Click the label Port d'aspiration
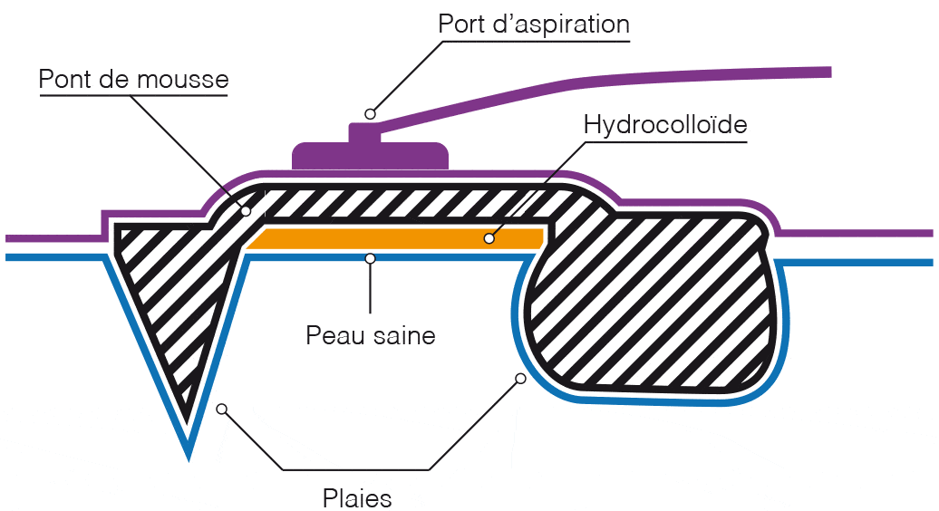533,24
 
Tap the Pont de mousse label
133,80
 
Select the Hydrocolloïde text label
665,124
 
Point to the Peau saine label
371,335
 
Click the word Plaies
357,497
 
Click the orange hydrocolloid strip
399,238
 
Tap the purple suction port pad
370,156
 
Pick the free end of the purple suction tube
826,71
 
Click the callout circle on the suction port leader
370,114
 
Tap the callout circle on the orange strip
489,239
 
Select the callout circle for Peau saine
370,259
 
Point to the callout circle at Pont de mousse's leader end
245,211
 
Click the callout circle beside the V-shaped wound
221,410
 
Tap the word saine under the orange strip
403,335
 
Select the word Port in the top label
460,24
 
